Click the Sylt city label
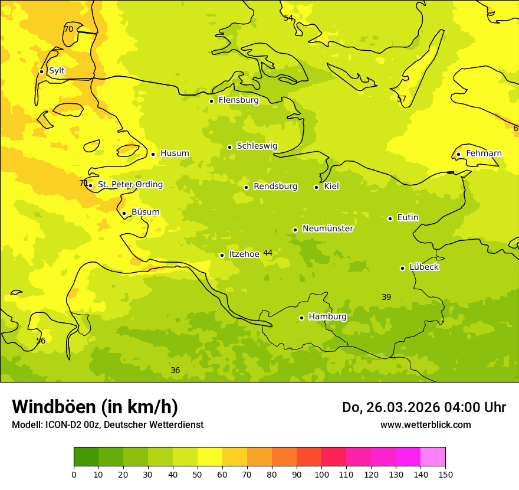57,71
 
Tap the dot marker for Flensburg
211,101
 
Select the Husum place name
175,153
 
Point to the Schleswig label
257,146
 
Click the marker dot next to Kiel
316,187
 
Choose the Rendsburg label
275,187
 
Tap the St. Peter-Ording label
130,185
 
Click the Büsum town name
145,212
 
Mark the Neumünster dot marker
295,230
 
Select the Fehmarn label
484,153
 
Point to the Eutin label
408,218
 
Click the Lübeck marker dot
402,268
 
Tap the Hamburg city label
327,317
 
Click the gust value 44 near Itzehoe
268,253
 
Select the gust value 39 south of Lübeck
386,298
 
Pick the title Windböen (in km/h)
95,407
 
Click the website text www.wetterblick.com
425,425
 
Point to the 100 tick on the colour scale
321,475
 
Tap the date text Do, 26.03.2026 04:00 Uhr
423,407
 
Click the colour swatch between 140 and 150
433,457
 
